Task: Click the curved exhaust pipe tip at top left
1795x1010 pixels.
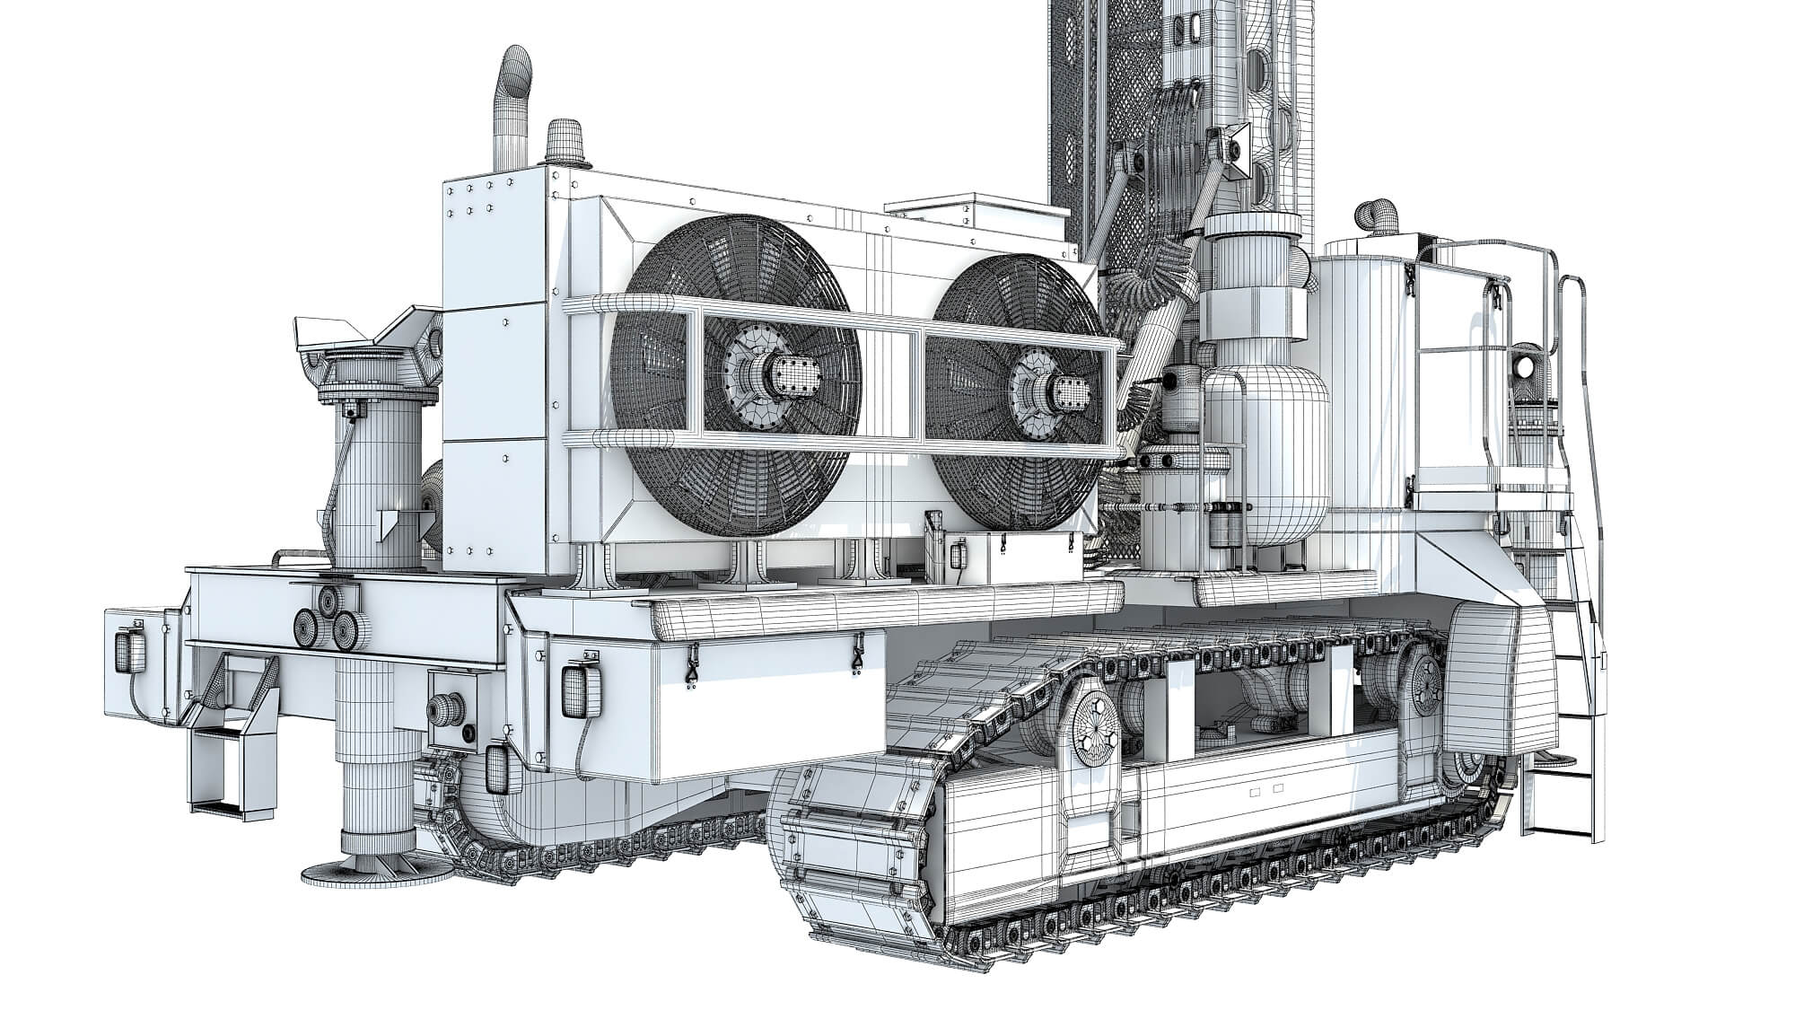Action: click(x=518, y=64)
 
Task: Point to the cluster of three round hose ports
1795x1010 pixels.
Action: click(x=326, y=621)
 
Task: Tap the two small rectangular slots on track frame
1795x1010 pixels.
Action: click(x=1265, y=791)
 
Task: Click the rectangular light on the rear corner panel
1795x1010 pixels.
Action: click(x=574, y=689)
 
